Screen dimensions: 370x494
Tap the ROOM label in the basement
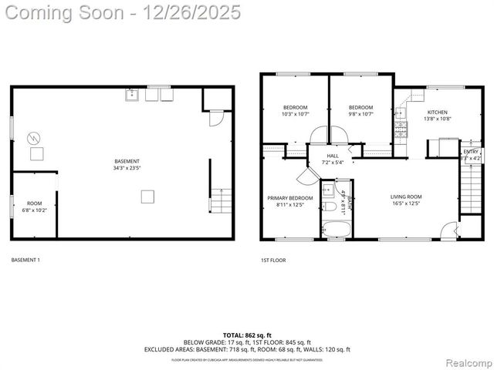[35, 203]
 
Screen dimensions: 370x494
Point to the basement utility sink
[133, 96]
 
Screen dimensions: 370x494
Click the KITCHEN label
[437, 112]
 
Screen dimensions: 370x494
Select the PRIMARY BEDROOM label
[290, 198]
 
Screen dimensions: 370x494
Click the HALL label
[333, 156]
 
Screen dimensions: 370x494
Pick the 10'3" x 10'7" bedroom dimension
[295, 114]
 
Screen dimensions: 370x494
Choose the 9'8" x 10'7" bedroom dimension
[360, 114]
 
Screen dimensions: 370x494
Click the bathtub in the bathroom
[337, 229]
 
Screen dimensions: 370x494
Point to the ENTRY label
[470, 152]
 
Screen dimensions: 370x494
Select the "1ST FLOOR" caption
[273, 261]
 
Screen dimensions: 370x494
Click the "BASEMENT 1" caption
[25, 261]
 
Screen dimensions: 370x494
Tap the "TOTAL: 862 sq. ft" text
[247, 335]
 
